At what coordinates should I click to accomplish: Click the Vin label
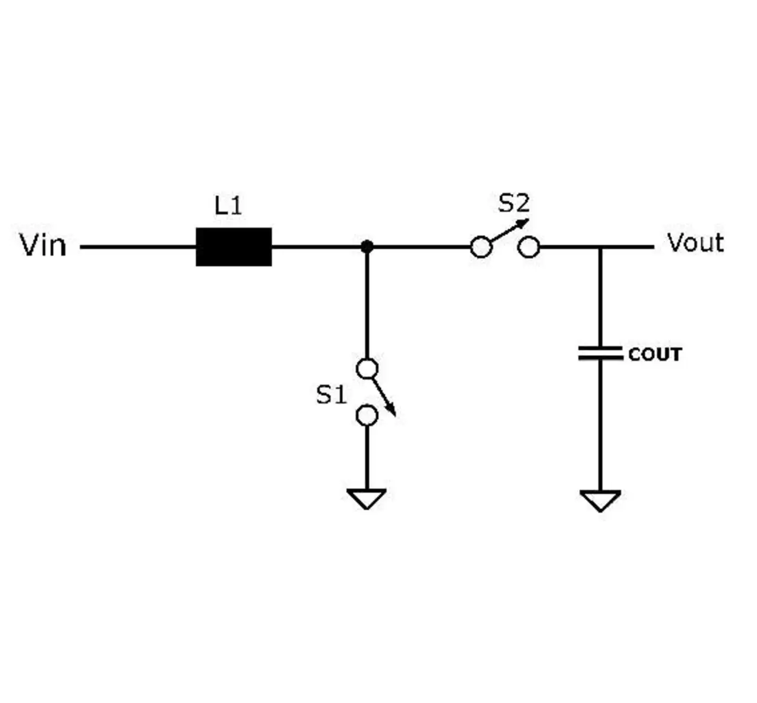(x=43, y=245)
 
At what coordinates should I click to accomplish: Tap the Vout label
(x=695, y=243)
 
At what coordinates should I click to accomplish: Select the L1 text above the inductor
(x=228, y=206)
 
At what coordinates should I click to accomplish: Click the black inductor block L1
(x=234, y=247)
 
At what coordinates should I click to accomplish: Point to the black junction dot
(x=367, y=247)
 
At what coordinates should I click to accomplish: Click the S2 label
(x=513, y=203)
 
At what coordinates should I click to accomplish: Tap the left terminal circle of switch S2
(x=481, y=247)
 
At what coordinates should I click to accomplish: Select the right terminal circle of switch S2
(x=529, y=247)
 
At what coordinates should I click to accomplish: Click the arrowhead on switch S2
(x=524, y=222)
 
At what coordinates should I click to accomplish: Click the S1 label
(x=331, y=395)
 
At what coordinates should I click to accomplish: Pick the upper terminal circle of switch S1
(x=367, y=369)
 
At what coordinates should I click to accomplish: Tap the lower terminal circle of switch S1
(x=367, y=415)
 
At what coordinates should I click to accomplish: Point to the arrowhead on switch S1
(x=392, y=411)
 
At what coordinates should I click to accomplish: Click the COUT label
(x=655, y=354)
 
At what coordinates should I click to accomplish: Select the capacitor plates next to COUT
(x=600, y=353)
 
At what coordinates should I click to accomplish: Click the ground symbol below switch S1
(x=367, y=499)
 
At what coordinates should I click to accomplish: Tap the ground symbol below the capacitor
(x=600, y=501)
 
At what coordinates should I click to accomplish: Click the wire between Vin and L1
(x=138, y=247)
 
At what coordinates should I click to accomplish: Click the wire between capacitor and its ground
(x=600, y=425)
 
